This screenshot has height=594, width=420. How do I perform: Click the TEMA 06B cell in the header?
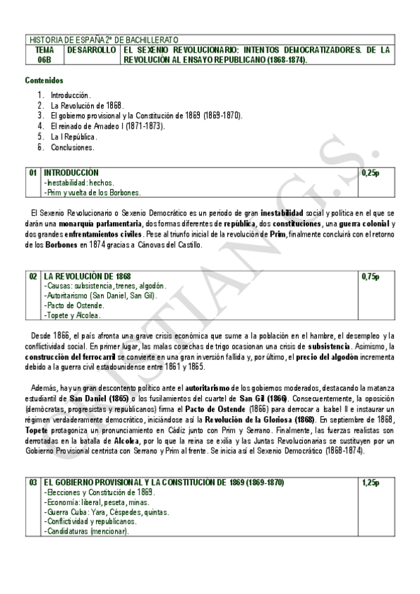pyautogui.click(x=44, y=55)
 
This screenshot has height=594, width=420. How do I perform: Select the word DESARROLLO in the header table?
pyautogui.click(x=92, y=51)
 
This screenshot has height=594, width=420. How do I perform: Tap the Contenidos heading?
pyautogui.click(x=43, y=81)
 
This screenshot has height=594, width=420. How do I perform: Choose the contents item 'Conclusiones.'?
pyautogui.click(x=72, y=148)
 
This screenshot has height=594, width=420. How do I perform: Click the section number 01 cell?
pyautogui.click(x=33, y=172)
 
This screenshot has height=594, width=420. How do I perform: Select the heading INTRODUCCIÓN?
pyautogui.click(x=71, y=172)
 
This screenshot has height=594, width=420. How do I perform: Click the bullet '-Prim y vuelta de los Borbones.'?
pyautogui.click(x=92, y=193)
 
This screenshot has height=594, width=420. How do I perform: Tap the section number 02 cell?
pyautogui.click(x=33, y=277)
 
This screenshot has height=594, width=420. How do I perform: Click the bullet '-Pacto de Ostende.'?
pyautogui.click(x=74, y=305)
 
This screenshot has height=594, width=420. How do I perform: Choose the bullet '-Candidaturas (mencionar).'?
pyautogui.click(x=86, y=532)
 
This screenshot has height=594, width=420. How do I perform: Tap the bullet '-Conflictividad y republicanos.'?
pyautogui.click(x=90, y=522)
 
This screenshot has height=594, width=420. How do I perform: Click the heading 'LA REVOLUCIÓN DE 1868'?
pyautogui.click(x=87, y=277)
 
